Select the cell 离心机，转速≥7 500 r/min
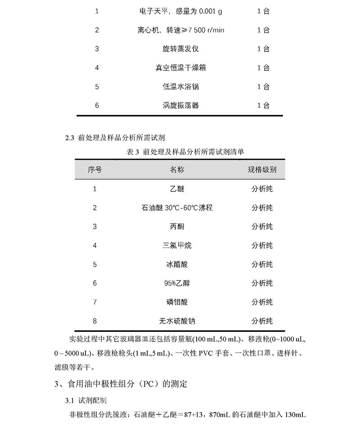(180, 30)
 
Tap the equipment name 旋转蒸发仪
(180, 49)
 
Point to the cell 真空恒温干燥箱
(180, 68)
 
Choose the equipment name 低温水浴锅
(180, 86)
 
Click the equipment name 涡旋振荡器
(180, 105)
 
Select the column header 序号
(94, 170)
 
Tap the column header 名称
(177, 170)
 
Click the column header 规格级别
(262, 170)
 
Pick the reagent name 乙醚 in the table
(177, 189)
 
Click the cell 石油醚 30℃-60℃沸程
(177, 208)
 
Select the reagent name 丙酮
(177, 227)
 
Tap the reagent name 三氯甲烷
(177, 245)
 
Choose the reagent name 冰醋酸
(177, 264)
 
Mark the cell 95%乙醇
(177, 283)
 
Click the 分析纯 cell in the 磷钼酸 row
(262, 302)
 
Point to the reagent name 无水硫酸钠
(177, 321)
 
